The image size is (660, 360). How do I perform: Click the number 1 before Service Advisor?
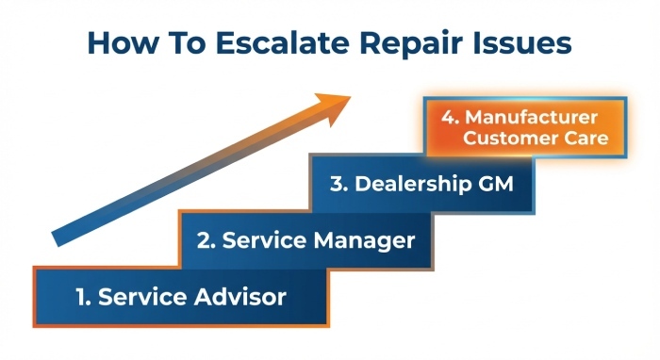(83, 297)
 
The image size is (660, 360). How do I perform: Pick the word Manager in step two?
(364, 240)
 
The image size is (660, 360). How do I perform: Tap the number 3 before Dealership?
(337, 183)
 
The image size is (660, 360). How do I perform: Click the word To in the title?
(176, 43)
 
